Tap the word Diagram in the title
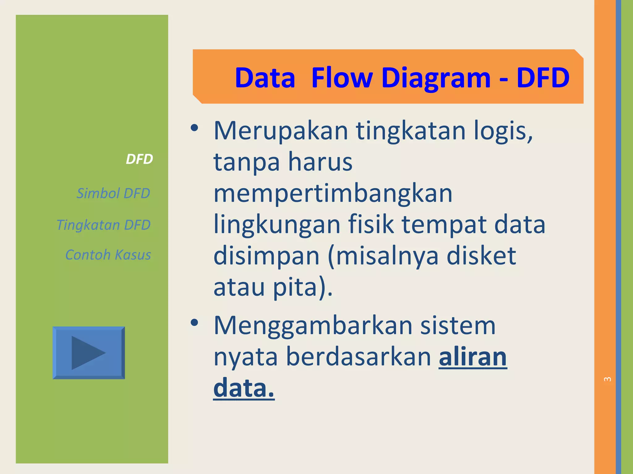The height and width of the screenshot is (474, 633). pyautogui.click(x=436, y=78)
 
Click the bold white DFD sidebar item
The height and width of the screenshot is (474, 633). pyautogui.click(x=139, y=159)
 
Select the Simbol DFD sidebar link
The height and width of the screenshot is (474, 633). pyautogui.click(x=113, y=193)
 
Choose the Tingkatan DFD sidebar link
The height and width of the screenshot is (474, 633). pyautogui.click(x=103, y=225)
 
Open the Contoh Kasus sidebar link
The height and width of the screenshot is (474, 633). pyautogui.click(x=108, y=255)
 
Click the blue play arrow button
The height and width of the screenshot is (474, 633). pyautogui.click(x=89, y=353)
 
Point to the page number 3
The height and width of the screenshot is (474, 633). pyautogui.click(x=607, y=379)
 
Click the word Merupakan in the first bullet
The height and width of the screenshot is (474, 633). pyautogui.click(x=281, y=131)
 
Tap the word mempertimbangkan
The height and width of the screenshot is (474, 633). pyautogui.click(x=333, y=193)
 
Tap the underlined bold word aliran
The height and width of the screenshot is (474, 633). pyautogui.click(x=473, y=357)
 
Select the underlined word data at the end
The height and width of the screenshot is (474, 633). pyautogui.click(x=244, y=388)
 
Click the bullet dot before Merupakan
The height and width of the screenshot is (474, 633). pyautogui.click(x=194, y=128)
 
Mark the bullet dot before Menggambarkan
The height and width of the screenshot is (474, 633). pyautogui.click(x=194, y=323)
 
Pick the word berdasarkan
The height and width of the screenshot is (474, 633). pyautogui.click(x=358, y=357)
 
